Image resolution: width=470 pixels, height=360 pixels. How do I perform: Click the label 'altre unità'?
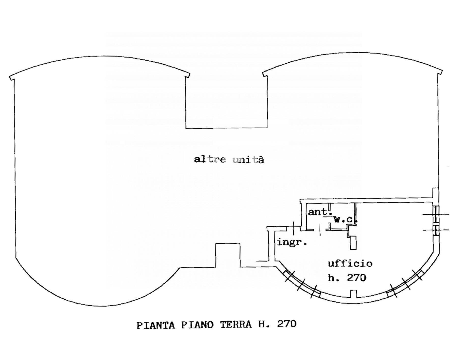[229, 160]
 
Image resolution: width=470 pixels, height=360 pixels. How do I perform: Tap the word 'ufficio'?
[350, 263]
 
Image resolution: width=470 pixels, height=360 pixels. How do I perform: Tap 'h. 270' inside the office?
[347, 278]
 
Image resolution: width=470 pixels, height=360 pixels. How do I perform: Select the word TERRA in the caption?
[236, 325]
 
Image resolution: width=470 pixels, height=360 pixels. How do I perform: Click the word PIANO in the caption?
[197, 325]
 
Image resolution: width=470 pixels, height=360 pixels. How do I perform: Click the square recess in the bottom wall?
[228, 255]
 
